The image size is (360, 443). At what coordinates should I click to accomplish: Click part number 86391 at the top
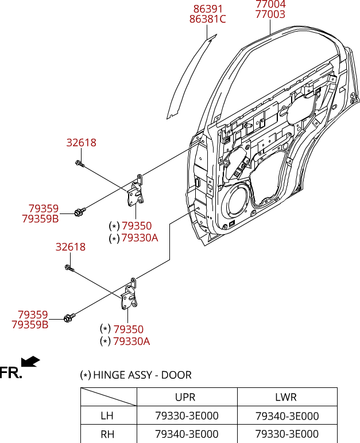tap(208, 9)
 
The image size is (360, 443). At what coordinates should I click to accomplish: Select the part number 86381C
tap(208, 19)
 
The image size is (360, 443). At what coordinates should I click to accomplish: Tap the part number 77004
tap(270, 4)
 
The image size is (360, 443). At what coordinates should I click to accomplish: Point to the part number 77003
tap(270, 14)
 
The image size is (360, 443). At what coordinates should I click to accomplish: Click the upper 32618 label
tap(82, 143)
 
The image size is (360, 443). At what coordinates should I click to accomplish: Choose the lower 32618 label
tap(71, 247)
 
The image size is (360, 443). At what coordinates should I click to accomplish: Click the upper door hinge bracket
tap(136, 191)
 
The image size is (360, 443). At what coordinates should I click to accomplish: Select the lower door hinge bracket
tap(129, 294)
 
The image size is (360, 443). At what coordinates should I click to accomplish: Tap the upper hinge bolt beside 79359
tap(80, 212)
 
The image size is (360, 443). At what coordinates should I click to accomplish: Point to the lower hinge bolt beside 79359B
tap(69, 317)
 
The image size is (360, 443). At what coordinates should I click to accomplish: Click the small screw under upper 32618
tap(80, 163)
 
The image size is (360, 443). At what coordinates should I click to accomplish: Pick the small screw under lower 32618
tap(69, 268)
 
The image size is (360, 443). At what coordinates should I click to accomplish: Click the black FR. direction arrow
tap(30, 362)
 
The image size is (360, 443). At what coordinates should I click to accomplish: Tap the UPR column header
tap(185, 397)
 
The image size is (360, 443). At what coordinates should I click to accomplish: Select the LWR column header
tap(286, 397)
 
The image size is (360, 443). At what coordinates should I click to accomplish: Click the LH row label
tap(107, 416)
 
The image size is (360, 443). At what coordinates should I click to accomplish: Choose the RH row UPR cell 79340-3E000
tap(187, 434)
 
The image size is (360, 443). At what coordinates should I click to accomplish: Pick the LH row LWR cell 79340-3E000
tap(287, 416)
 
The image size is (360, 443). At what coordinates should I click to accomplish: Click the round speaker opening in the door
tap(237, 202)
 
